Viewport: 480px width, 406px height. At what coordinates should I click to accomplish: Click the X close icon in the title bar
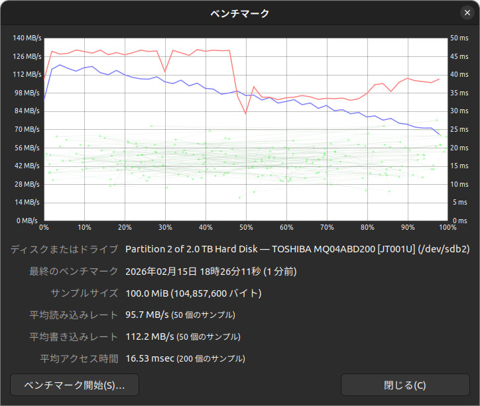coord(467,13)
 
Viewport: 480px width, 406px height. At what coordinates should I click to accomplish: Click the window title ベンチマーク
coord(240,13)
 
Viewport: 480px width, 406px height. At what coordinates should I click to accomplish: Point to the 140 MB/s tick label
coord(27,38)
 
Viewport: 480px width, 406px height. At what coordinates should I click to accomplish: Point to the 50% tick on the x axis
coord(246,227)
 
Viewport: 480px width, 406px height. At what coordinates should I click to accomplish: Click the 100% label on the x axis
coord(447,227)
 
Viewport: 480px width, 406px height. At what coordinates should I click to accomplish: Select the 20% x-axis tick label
coord(125,227)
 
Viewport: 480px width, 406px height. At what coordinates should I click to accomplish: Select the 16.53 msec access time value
coord(149,358)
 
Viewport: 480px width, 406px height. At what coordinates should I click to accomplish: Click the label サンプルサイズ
coord(84,293)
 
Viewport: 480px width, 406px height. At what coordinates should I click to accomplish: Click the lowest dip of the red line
coord(246,114)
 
